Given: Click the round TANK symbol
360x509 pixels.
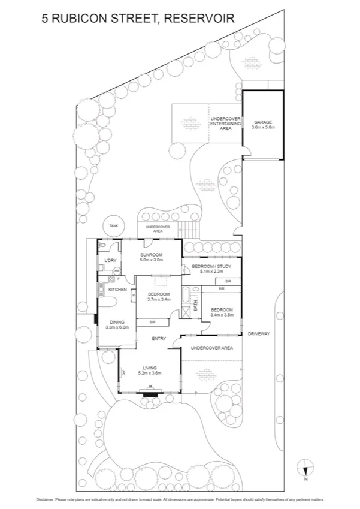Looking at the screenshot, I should [113, 225].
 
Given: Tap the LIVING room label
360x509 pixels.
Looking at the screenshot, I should [150, 368].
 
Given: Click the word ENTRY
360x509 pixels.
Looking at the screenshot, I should [159, 339].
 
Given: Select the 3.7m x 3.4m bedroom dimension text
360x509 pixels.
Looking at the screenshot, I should [159, 299].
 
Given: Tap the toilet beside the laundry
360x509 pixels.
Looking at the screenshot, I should [103, 245].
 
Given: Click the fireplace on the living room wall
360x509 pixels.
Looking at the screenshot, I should [150, 393].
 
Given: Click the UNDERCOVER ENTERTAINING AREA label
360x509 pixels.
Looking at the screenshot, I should [225, 124].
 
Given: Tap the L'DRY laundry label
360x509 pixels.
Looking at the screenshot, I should [110, 260].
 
